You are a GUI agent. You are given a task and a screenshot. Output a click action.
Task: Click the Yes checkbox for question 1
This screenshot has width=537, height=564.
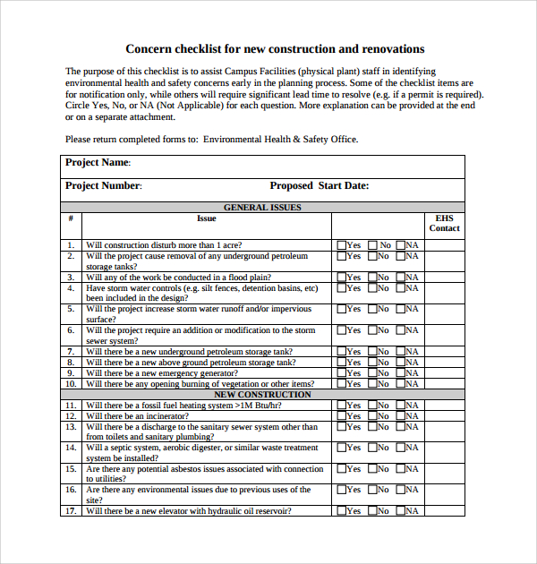point(341,245)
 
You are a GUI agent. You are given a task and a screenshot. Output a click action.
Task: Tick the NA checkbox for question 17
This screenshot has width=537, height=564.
point(400,510)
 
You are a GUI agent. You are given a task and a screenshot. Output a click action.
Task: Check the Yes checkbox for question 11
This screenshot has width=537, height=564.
point(341,405)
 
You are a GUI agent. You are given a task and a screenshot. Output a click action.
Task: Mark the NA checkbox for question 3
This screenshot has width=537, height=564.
point(400,278)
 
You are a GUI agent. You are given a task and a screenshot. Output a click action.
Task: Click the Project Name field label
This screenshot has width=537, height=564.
point(98,163)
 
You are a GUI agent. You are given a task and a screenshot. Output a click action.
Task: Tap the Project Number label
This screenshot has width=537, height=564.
point(103,186)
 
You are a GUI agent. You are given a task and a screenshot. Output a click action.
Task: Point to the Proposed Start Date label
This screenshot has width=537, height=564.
point(319,186)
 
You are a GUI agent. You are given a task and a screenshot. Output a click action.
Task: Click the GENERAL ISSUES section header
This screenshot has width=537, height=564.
point(262,208)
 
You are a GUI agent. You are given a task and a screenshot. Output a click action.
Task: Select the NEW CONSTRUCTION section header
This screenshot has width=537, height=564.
point(262,394)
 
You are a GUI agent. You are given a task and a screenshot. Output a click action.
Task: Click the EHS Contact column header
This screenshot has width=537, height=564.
point(444,223)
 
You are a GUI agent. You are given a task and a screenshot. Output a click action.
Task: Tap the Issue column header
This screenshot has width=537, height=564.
point(207,218)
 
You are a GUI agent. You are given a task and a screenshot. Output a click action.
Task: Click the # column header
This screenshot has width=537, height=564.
point(70,218)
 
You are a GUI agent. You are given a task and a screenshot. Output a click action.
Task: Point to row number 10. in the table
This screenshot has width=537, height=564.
point(70,384)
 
